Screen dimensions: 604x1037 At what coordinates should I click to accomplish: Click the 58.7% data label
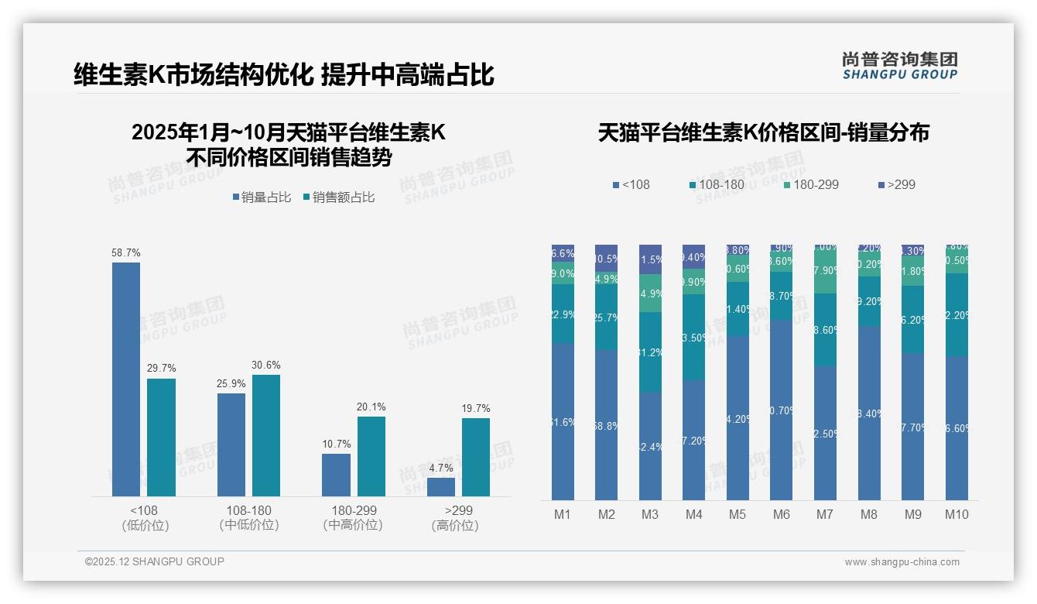pos(126,253)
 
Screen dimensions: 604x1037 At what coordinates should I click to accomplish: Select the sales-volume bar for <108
pos(126,379)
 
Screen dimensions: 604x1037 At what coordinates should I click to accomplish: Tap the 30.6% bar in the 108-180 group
pos(266,435)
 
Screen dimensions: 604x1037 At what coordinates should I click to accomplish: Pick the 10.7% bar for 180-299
pos(336,475)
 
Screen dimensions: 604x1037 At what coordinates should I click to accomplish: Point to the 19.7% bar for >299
pos(476,457)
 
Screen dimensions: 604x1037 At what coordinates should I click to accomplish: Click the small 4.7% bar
pos(441,487)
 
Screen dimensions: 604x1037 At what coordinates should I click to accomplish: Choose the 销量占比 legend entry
pos(262,197)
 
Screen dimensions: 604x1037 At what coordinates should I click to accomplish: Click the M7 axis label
pos(824,514)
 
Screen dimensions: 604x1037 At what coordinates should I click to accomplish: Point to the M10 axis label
pos(957,514)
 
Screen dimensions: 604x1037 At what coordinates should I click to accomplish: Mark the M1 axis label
pos(563,514)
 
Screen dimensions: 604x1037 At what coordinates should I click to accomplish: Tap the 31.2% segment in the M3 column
pos(650,352)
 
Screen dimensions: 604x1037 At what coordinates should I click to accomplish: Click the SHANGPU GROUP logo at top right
pos(900,66)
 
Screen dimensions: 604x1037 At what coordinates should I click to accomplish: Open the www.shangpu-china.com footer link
pos(902,562)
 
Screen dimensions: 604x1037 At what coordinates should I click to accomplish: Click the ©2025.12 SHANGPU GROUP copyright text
pos(155,561)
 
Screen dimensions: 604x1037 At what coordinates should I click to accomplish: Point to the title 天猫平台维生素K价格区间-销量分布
pos(763,132)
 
